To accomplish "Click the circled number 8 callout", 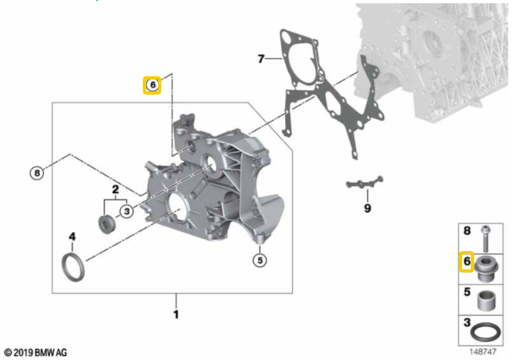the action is coord(37,173).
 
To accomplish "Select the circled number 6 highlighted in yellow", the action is coord(152,85).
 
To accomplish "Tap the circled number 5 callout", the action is coord(260,261).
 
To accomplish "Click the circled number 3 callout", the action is coord(127,211).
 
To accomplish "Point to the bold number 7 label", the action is coord(261,59).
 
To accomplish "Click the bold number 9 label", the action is coord(368,208).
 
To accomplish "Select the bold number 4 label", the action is coord(72,236).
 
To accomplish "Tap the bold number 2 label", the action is coord(115,189).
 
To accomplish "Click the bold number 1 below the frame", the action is coord(176,315).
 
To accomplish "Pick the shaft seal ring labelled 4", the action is coord(64,267).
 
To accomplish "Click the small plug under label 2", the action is coord(107,225).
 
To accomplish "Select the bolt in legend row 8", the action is coord(484,239).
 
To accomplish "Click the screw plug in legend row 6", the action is coord(486,269).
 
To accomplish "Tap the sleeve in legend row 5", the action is coord(486,300).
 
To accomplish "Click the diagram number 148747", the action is coord(483,352).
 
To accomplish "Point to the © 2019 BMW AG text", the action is coord(36,352).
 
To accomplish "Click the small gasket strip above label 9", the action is coord(365,183).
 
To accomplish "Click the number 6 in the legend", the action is coord(467,261).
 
